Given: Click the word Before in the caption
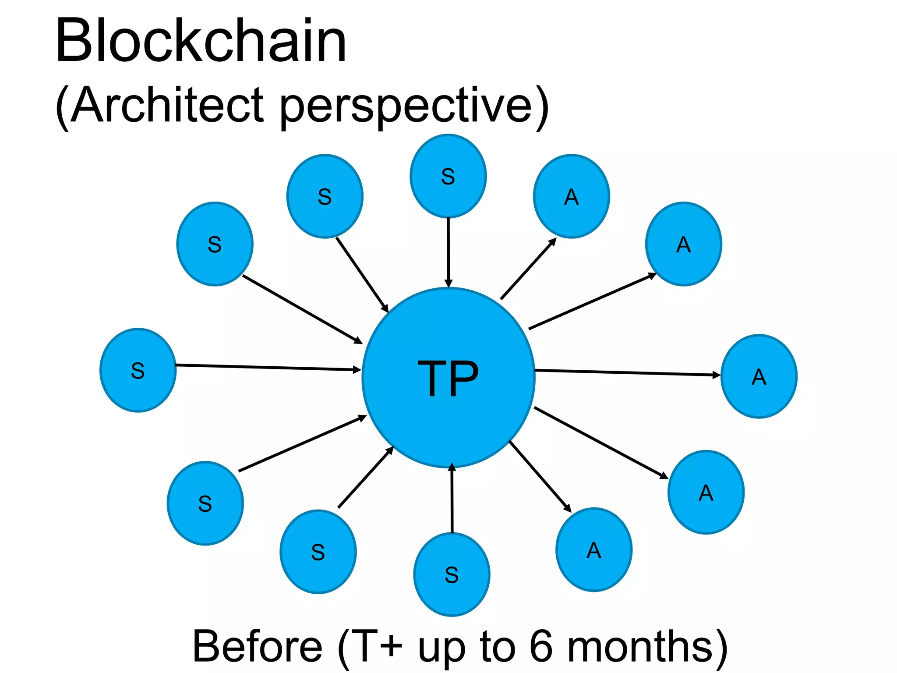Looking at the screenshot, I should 258,646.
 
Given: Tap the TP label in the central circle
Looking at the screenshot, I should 448,378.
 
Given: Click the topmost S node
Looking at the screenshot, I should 448,176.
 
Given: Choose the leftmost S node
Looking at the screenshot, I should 138,370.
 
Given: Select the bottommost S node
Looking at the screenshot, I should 452,574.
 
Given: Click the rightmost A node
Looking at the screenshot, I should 759,376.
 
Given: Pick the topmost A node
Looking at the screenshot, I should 571,196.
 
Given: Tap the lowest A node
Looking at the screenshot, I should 594,550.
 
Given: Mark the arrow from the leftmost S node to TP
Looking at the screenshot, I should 267,368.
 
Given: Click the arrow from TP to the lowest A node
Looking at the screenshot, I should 540,476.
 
